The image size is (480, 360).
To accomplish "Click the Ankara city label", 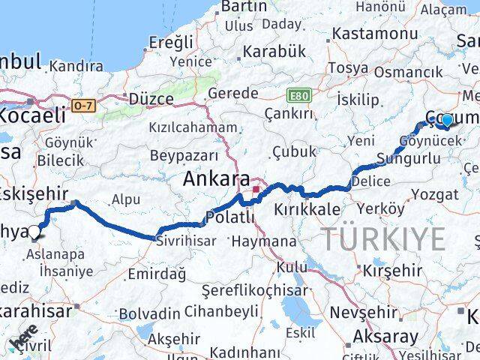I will (x=217, y=180).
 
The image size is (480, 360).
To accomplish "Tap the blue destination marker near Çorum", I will (x=447, y=120).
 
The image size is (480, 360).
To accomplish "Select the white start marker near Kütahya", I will (x=33, y=232).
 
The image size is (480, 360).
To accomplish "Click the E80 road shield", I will (x=298, y=95).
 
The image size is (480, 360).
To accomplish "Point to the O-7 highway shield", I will (x=84, y=106).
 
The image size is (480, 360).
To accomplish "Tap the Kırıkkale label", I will (x=307, y=209).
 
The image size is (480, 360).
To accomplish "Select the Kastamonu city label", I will (x=374, y=34).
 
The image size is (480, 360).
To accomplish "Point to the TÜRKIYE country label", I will (x=383, y=239).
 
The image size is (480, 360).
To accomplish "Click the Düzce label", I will (x=151, y=98).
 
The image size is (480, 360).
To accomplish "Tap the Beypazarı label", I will (x=184, y=155).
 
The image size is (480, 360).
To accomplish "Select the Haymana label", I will (x=264, y=241).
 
